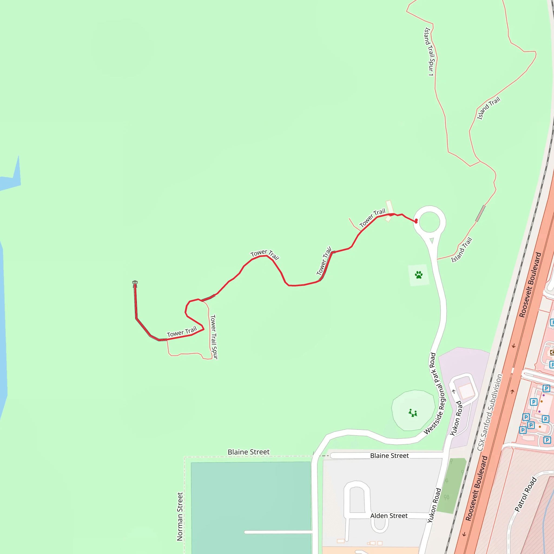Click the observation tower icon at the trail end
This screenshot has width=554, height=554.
[135, 283]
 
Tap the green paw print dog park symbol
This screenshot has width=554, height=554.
[419, 275]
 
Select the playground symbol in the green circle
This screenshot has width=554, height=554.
[413, 413]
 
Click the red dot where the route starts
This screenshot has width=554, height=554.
[416, 221]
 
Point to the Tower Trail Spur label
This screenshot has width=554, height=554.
[214, 337]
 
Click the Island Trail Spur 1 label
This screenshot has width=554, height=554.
[429, 52]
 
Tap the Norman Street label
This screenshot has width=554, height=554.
[180, 516]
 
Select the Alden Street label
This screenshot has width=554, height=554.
[389, 516]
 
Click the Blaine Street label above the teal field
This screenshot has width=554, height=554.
[249, 452]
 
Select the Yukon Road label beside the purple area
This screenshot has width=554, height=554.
[456, 418]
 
